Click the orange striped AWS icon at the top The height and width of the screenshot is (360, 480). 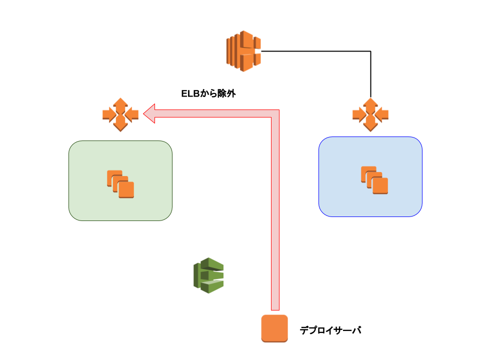243,51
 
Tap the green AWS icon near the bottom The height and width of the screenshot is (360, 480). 208,275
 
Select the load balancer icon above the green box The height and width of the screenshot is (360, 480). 120,115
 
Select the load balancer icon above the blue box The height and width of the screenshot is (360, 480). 370,115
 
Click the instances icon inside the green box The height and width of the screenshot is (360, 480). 120,184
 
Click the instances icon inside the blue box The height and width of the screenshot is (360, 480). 374,180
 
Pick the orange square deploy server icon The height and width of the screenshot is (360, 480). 274,328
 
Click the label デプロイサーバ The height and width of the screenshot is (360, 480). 330,330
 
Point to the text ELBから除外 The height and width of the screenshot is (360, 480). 208,93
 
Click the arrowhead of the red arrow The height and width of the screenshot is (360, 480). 149,113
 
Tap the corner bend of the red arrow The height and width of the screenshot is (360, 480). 275,113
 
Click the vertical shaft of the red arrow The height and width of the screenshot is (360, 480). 275,213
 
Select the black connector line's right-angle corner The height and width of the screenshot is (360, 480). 370,51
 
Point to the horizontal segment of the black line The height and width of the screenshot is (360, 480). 315,51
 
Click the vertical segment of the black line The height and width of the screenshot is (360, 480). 370,74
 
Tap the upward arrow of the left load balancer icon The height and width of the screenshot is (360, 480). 120,104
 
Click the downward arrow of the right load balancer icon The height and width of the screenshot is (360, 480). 370,124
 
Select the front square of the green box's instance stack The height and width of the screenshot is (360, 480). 126,190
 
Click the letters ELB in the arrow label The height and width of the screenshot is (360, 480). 190,93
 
